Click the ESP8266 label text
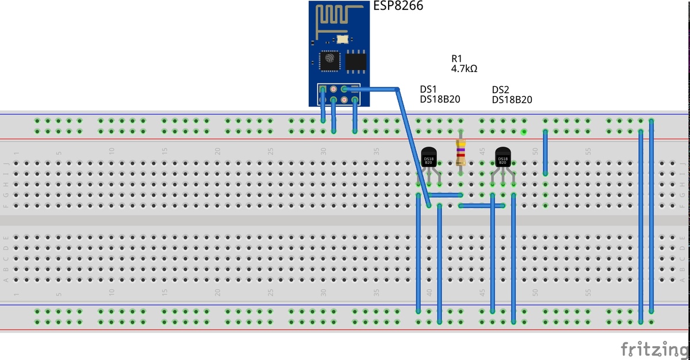pyautogui.click(x=398, y=6)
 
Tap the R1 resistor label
pyautogui.click(x=457, y=58)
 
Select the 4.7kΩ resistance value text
pyautogui.click(x=464, y=68)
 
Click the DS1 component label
pyautogui.click(x=428, y=89)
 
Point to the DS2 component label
pyautogui.click(x=501, y=90)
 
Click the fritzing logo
pyautogui.click(x=654, y=348)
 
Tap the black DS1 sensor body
pyautogui.click(x=429, y=157)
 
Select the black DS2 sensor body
pyautogui.click(x=503, y=157)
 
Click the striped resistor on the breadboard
pyautogui.click(x=460, y=152)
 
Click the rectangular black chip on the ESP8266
pyautogui.click(x=356, y=61)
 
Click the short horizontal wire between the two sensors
pyautogui.click(x=482, y=205)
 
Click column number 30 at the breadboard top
pyautogui.click(x=324, y=151)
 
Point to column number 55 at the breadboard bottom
pyautogui.click(x=588, y=292)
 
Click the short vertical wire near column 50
pyautogui.click(x=545, y=152)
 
